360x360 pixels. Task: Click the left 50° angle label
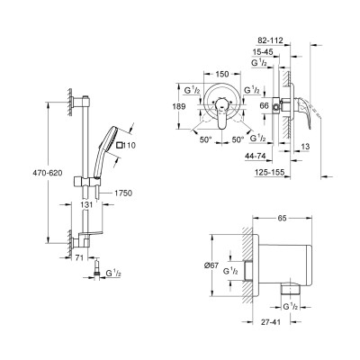click(204, 142)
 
